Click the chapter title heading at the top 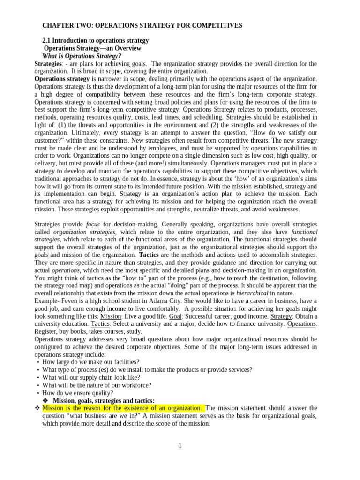point(142,25)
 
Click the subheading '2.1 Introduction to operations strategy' point(95,41)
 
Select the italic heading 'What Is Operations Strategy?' point(82,56)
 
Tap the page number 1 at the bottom point(180,446)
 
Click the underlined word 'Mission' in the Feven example point(111,316)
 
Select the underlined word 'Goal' point(175,316)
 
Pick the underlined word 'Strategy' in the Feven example point(281,316)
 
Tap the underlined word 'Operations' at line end point(302,324)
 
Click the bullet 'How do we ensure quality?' point(78,393)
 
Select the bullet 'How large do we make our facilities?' point(90,362)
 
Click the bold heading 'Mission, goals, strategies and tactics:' point(104,400)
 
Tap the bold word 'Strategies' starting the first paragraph point(48,64)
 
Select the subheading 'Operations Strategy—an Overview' point(92,48)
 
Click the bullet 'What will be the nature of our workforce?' point(97,385)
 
